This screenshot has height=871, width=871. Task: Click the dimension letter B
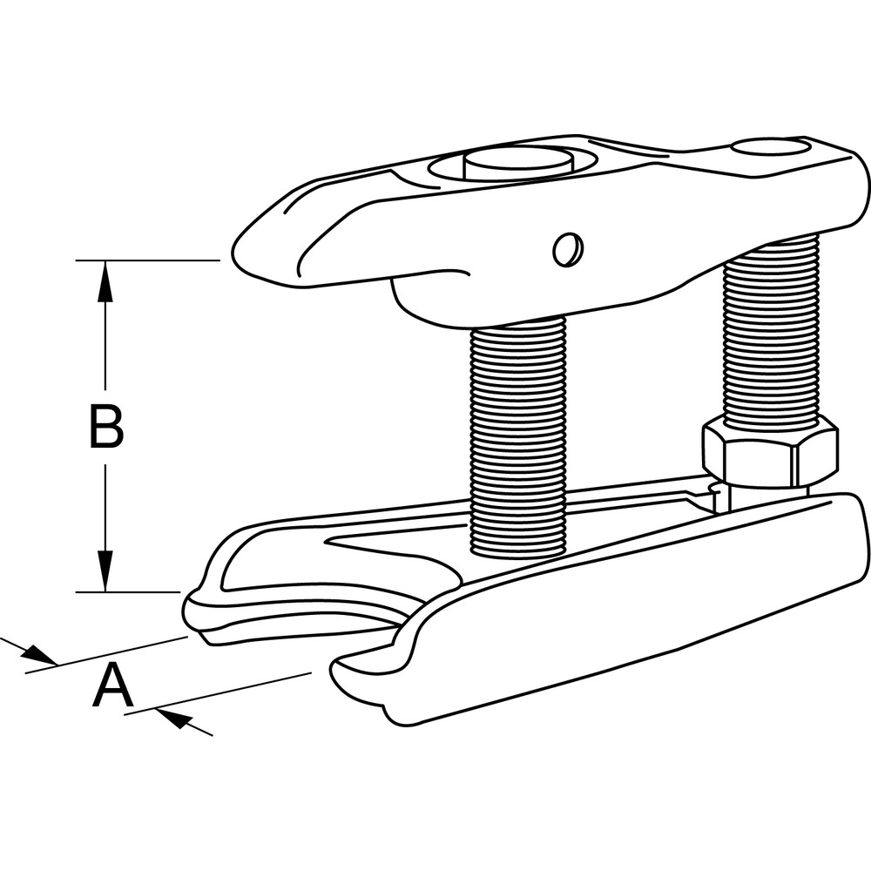click(106, 427)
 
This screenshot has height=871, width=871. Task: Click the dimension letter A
click(112, 685)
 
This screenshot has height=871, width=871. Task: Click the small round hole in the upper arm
click(567, 248)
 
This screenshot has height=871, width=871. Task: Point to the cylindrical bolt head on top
click(517, 165)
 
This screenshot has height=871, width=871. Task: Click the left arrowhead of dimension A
click(39, 654)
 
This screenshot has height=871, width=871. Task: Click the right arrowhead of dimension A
click(174, 719)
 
